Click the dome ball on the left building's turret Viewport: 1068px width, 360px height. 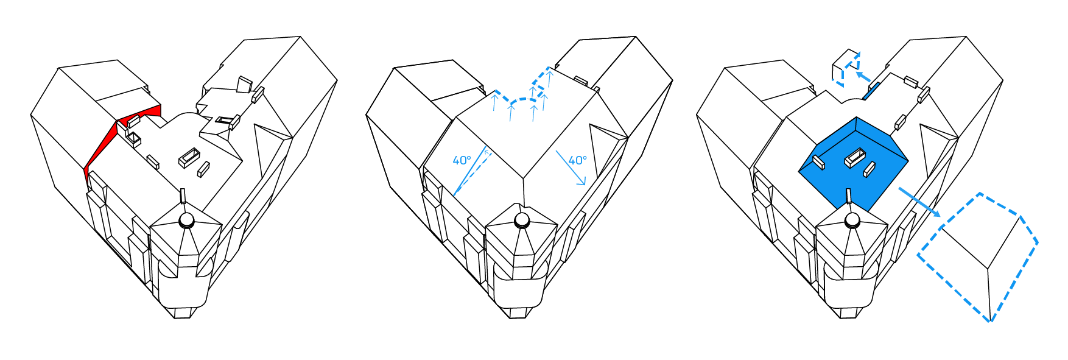(x=187, y=220)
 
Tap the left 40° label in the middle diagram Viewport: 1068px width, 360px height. (x=462, y=160)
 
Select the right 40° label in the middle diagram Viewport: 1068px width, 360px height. (x=577, y=160)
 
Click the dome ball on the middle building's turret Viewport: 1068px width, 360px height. (x=522, y=221)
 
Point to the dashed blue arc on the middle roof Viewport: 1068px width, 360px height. (x=522, y=99)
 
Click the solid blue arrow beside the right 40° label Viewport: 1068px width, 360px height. (x=570, y=168)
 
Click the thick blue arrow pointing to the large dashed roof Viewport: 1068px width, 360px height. (x=919, y=203)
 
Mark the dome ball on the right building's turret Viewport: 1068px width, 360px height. (x=852, y=221)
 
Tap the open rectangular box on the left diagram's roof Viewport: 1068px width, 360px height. (x=189, y=158)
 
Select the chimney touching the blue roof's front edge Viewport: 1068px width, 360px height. (x=848, y=197)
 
